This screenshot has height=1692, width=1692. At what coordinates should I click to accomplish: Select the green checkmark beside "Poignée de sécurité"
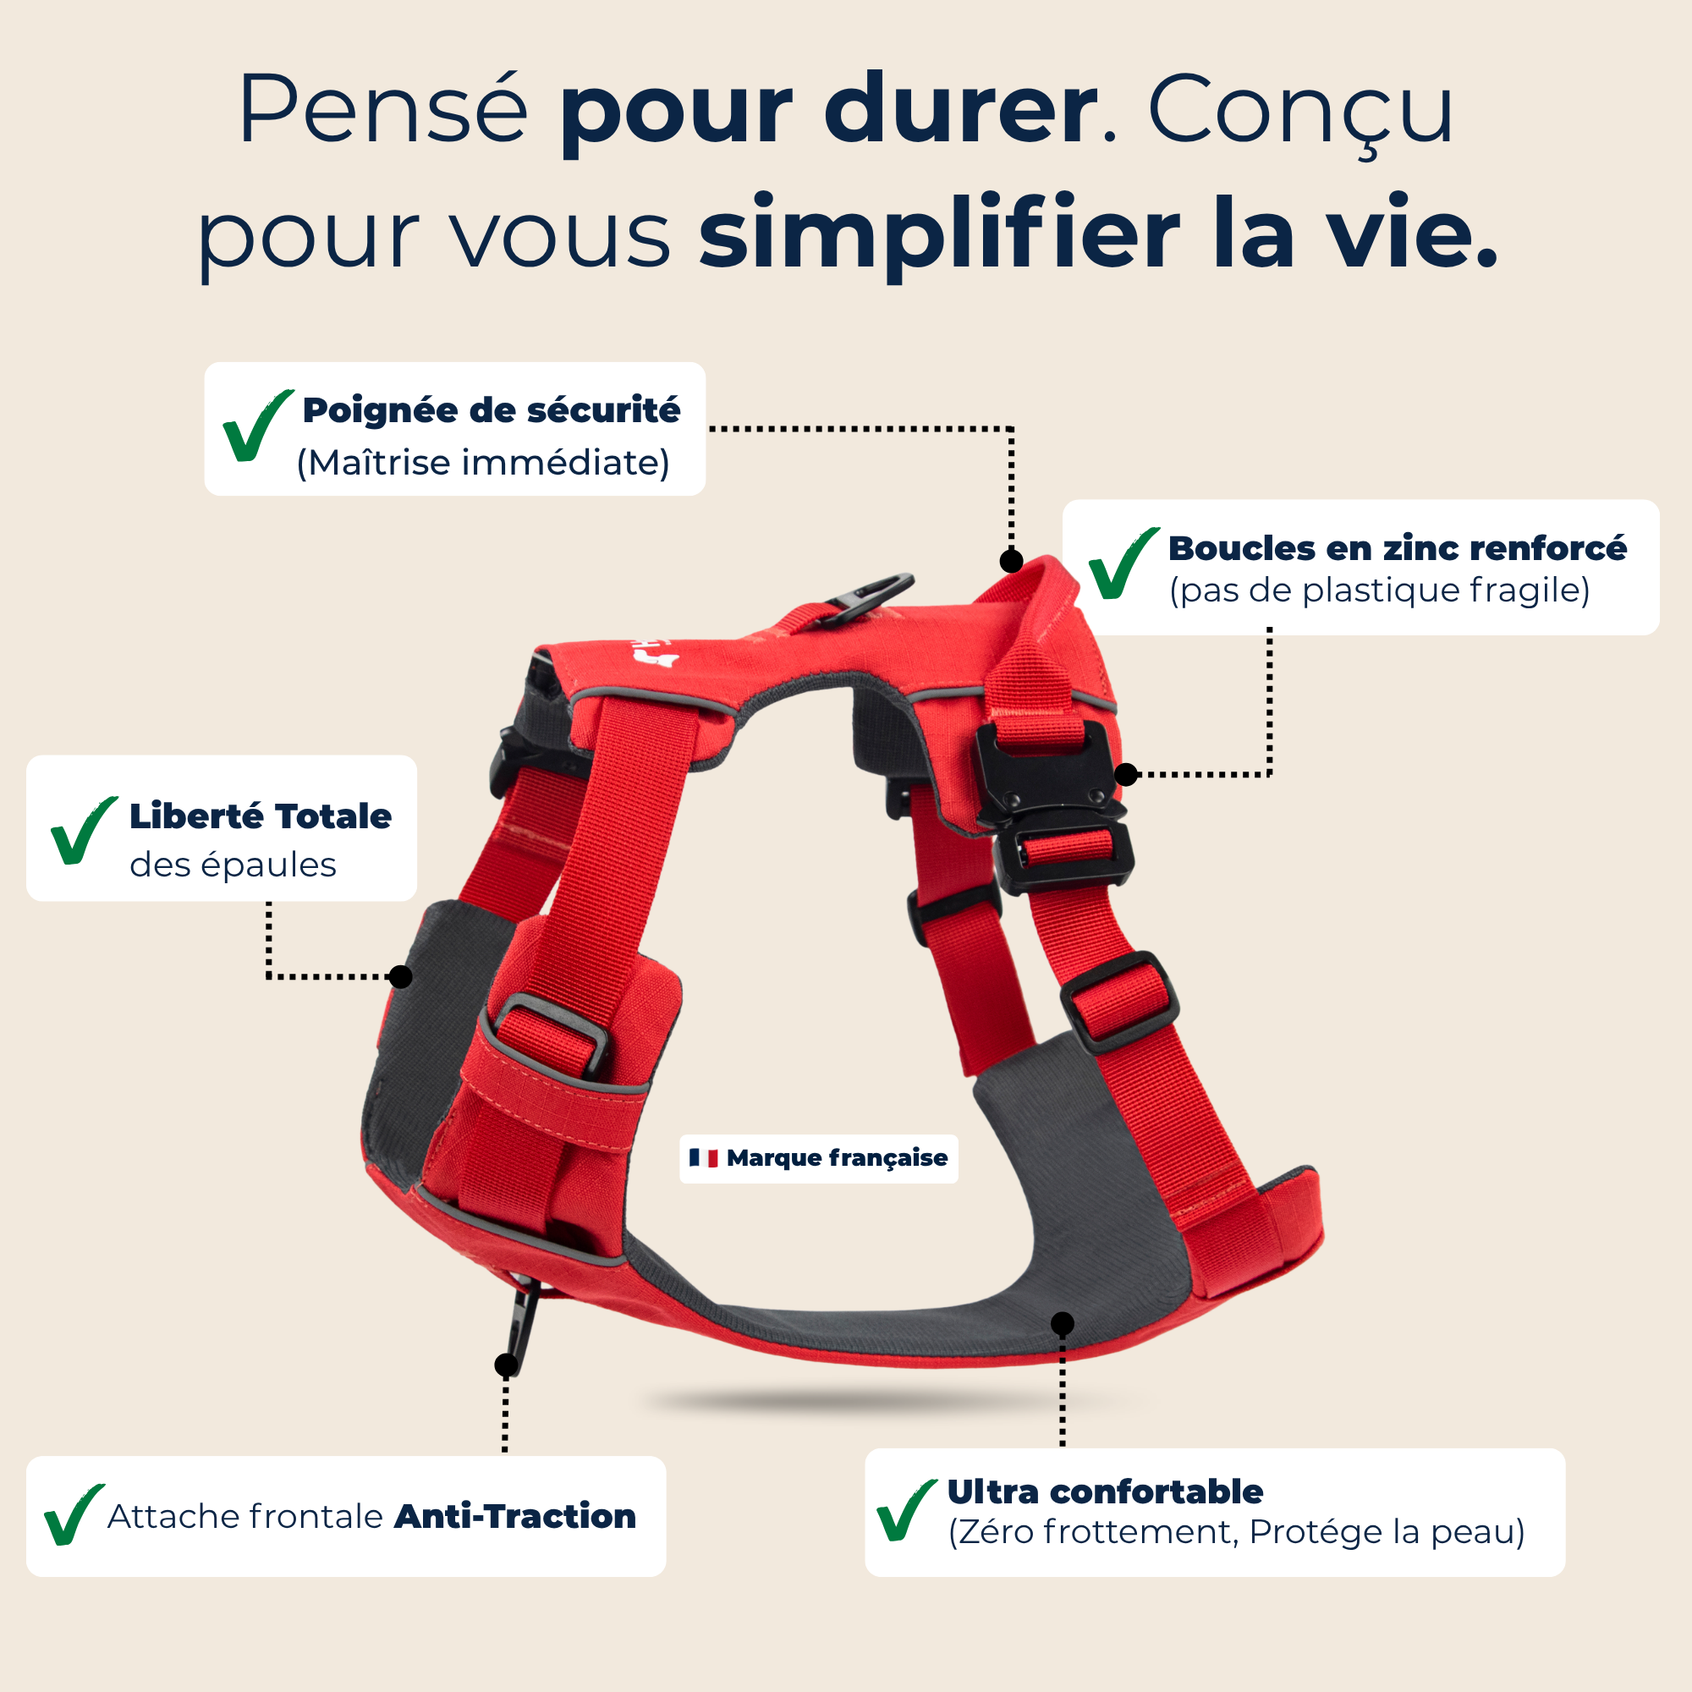click(x=256, y=426)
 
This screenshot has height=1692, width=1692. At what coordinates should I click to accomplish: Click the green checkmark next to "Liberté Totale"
click(x=83, y=830)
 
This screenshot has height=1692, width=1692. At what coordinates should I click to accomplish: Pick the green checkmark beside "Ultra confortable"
click(x=905, y=1510)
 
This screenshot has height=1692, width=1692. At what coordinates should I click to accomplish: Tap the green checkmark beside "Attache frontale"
click(x=74, y=1515)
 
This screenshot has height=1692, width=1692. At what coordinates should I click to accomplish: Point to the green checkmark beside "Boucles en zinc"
click(x=1123, y=563)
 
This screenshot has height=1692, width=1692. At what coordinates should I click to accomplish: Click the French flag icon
click(x=703, y=1158)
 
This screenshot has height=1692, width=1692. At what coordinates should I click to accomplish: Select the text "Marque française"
click(x=837, y=1158)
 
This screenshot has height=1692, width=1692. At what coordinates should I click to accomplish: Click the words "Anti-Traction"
click(x=515, y=1516)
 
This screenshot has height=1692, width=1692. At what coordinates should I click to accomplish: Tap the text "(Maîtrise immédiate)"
click(x=483, y=463)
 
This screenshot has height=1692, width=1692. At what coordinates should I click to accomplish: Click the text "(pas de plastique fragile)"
click(x=1379, y=591)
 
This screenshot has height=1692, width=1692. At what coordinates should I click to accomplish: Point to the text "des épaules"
click(x=233, y=865)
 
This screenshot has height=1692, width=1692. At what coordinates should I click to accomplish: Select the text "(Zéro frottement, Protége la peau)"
click(x=1237, y=1532)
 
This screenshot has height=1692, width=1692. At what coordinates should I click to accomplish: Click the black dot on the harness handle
click(x=1012, y=561)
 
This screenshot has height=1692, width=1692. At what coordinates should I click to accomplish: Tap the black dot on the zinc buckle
click(x=1126, y=774)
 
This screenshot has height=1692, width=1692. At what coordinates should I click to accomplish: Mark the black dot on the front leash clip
click(x=506, y=1365)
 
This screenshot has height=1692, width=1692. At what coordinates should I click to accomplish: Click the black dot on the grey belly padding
click(x=1063, y=1323)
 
